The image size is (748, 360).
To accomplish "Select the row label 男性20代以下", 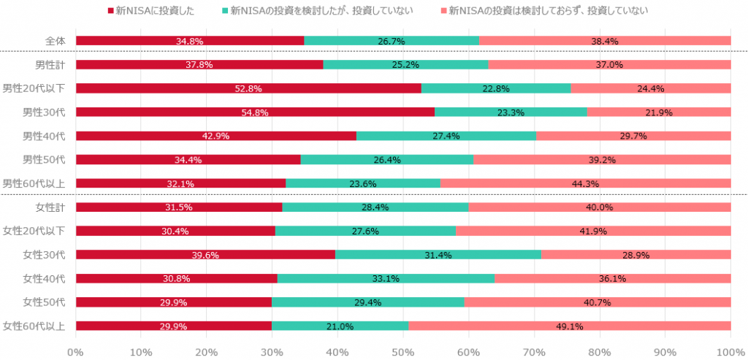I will tap(34, 88).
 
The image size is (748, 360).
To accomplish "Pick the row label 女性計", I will tap(51, 207).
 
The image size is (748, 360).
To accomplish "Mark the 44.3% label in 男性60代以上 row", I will tap(585, 184).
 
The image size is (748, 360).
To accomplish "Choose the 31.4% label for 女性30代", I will tap(438, 255).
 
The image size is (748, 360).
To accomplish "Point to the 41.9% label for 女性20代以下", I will tap(593, 231).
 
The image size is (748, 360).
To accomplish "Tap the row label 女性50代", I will tap(44, 302).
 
